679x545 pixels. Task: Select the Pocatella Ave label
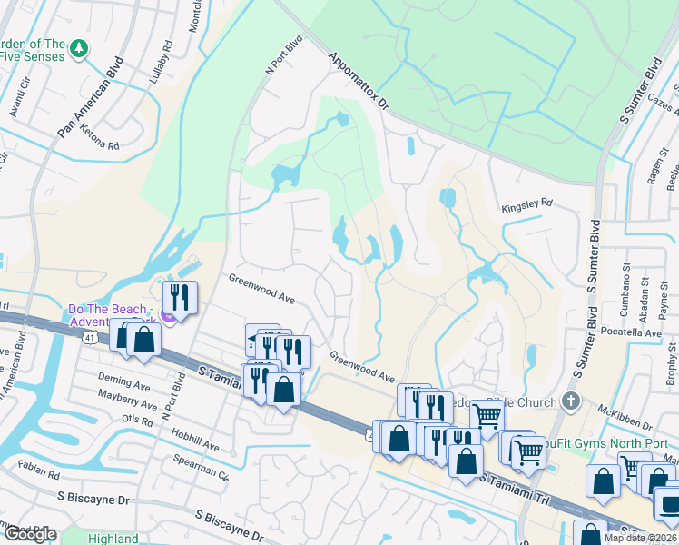(x=632, y=333)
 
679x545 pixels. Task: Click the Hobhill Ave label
(x=192, y=446)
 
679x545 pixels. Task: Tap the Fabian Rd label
(x=37, y=473)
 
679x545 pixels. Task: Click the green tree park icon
(x=79, y=47)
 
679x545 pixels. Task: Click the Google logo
(x=30, y=534)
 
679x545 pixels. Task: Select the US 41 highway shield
(x=89, y=338)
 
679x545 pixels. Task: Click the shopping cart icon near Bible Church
(x=487, y=416)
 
